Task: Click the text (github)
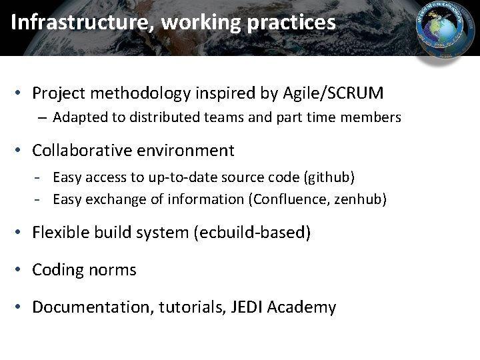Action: [329, 177]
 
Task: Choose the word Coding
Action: [55, 270]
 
